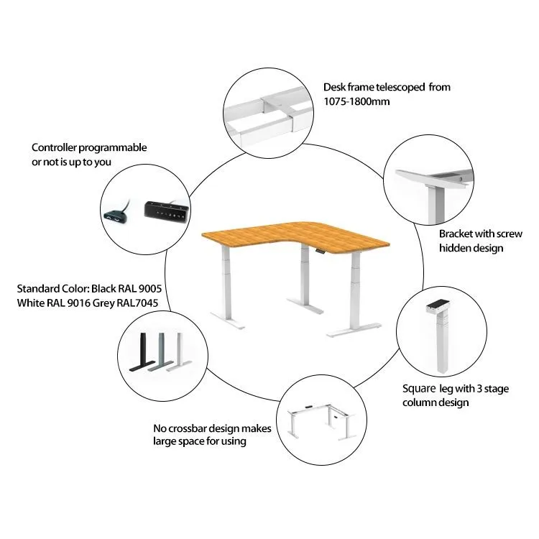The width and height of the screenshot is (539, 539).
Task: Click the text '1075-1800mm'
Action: click(356, 101)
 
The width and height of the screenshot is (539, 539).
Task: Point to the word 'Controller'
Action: click(54, 147)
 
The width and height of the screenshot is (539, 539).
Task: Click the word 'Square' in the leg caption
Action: click(419, 389)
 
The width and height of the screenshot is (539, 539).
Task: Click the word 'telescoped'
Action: click(400, 87)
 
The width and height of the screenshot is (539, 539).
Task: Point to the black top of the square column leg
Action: click(438, 304)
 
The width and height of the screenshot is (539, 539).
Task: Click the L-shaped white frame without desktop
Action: click(322, 422)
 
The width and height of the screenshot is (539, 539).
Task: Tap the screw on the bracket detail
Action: click(460, 179)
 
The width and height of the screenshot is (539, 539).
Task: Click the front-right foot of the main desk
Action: click(354, 329)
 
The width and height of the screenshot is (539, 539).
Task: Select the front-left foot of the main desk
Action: click(228, 321)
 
